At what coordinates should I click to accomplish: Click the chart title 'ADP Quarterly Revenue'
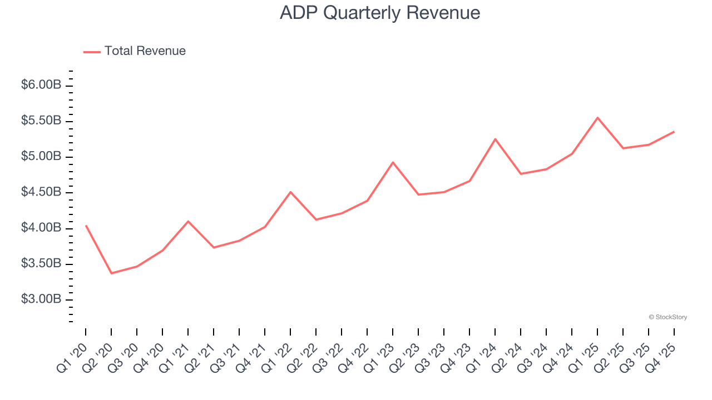(x=380, y=13)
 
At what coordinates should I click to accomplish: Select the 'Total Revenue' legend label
(x=145, y=51)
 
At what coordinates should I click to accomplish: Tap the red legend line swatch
(x=92, y=52)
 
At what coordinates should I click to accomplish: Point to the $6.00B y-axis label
(x=41, y=86)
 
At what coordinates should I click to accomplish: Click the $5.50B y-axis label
(x=41, y=121)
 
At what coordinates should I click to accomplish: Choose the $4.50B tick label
(x=41, y=192)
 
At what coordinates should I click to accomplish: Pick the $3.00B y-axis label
(x=41, y=299)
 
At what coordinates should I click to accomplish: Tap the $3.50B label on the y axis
(x=41, y=263)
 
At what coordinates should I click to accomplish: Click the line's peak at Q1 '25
(x=597, y=118)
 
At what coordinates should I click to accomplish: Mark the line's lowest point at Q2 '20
(x=111, y=273)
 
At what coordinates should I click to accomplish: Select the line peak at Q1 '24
(x=495, y=139)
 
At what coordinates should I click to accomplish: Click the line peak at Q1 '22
(x=290, y=192)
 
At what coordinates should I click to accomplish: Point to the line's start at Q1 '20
(x=86, y=226)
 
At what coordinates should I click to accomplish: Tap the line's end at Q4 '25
(x=674, y=132)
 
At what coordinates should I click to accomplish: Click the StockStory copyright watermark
(x=667, y=317)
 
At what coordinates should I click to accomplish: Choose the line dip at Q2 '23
(x=418, y=194)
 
